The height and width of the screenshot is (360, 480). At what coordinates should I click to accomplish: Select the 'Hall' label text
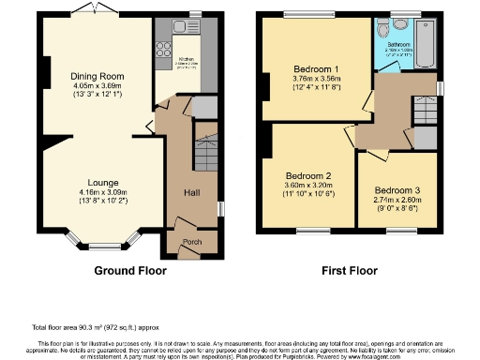(x=191, y=192)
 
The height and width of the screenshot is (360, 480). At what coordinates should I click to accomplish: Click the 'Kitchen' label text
(x=186, y=58)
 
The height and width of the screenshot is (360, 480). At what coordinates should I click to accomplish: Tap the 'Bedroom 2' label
(x=308, y=176)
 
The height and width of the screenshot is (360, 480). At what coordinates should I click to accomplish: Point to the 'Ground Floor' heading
(x=130, y=271)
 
